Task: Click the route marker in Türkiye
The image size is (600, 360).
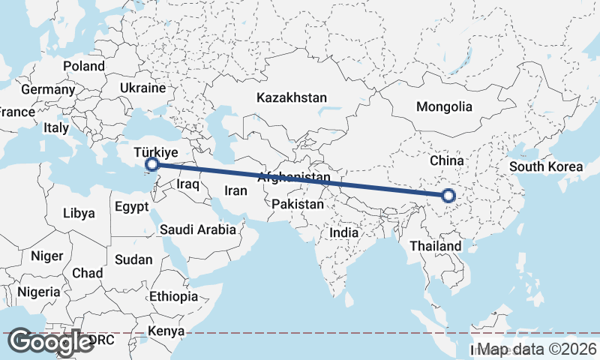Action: pyautogui.click(x=151, y=163)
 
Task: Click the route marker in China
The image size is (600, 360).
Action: pyautogui.click(x=448, y=196)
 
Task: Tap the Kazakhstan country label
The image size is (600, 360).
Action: pyautogui.click(x=292, y=97)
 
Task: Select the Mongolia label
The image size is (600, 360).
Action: pyautogui.click(x=444, y=106)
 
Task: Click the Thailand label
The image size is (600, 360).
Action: pyautogui.click(x=436, y=246)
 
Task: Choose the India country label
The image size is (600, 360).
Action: pyautogui.click(x=344, y=232)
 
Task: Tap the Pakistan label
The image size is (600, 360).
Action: pyautogui.click(x=298, y=204)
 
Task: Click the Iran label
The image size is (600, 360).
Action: pyautogui.click(x=235, y=190)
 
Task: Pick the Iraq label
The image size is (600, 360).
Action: pyautogui.click(x=187, y=184)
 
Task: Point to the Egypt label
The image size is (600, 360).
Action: pyautogui.click(x=133, y=205)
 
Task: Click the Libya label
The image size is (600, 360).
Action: pyautogui.click(x=79, y=213)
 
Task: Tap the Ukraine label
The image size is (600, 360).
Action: pyautogui.click(x=142, y=88)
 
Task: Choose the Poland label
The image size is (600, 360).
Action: pyautogui.click(x=84, y=66)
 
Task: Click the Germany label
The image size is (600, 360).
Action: pyautogui.click(x=48, y=89)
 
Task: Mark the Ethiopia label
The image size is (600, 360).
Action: pyautogui.click(x=173, y=296)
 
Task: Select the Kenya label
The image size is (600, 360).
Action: pyautogui.click(x=166, y=331)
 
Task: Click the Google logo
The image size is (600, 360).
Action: pyautogui.click(x=51, y=342)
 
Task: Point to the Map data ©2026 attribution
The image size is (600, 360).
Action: pyautogui.click(x=538, y=349)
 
